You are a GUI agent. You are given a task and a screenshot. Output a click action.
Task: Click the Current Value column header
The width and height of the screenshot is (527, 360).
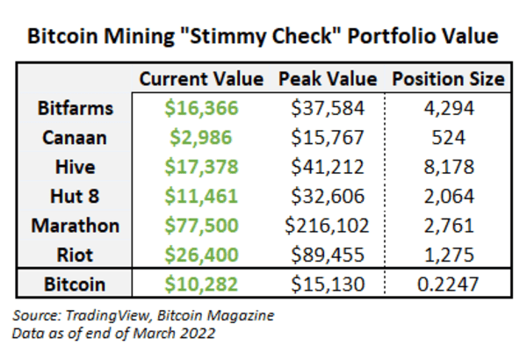click(x=201, y=79)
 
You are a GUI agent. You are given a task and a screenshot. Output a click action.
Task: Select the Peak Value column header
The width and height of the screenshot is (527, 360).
click(x=327, y=79)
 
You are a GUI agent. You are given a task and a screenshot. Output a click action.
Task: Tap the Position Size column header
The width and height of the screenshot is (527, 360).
click(x=448, y=79)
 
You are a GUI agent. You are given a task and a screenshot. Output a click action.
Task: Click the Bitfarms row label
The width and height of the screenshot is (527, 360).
click(x=75, y=109)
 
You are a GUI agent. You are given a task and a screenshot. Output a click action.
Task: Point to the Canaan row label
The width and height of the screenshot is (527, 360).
click(x=75, y=138)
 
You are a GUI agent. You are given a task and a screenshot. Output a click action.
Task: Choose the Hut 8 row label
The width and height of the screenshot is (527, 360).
click(x=75, y=196)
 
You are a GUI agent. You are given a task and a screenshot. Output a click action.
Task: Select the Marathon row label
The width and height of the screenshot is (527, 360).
click(x=75, y=225)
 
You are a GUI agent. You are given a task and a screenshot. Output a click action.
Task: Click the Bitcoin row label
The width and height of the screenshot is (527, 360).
click(x=75, y=285)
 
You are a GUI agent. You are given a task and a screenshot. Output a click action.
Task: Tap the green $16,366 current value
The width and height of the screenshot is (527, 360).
click(x=201, y=109)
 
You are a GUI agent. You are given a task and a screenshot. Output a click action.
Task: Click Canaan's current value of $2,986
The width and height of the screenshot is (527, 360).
click(x=201, y=138)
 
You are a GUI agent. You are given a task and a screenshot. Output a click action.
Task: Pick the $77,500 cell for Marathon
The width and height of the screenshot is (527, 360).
click(x=201, y=225)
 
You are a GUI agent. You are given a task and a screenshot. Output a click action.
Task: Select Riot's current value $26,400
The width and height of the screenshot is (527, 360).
click(x=201, y=255)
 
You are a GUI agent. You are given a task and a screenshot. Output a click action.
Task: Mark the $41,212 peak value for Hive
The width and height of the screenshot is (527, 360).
click(x=327, y=167)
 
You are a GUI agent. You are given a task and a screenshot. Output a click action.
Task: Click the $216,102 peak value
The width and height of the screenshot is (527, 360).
click(x=327, y=225)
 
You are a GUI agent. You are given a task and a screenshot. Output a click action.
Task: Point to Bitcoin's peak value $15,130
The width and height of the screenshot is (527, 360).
click(x=327, y=285)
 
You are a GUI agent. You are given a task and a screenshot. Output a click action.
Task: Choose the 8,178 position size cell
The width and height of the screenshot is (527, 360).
click(x=448, y=167)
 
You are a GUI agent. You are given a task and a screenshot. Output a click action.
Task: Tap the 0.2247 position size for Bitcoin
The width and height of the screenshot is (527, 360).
click(x=448, y=285)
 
